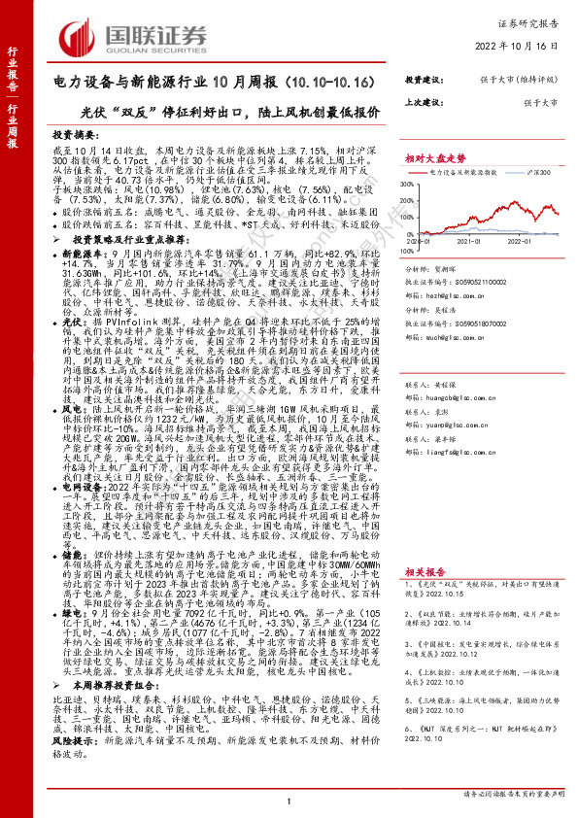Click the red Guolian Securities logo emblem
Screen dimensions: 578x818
(x=77, y=35)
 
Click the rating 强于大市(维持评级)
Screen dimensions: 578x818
(x=513, y=82)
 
